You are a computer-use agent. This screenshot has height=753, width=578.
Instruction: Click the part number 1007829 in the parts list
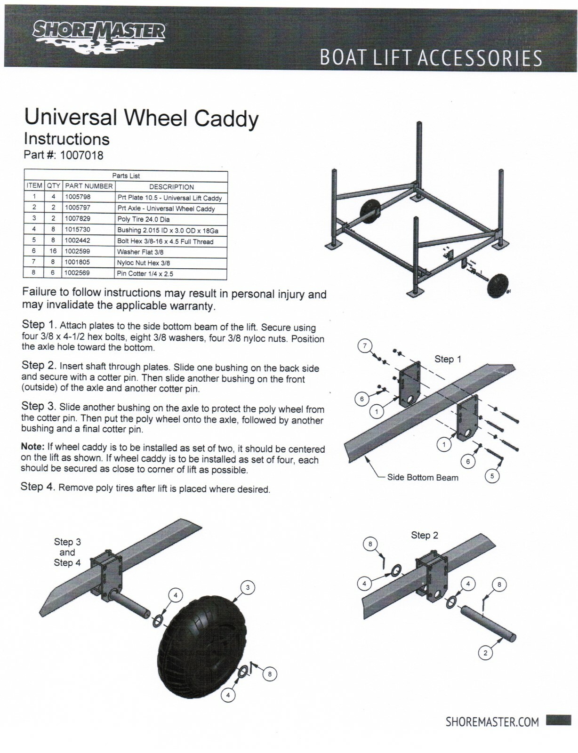(78, 218)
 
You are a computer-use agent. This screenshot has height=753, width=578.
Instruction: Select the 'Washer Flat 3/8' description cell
(140, 252)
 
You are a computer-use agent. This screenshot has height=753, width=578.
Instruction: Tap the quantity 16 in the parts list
(53, 251)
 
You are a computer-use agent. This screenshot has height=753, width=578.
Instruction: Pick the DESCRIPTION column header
(171, 187)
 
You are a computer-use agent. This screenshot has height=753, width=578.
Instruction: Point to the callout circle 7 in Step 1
(364, 346)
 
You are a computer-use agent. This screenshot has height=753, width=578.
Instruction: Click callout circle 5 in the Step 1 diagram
(492, 476)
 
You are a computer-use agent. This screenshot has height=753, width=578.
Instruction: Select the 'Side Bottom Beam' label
(422, 478)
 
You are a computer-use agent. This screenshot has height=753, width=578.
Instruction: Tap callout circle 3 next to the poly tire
(248, 587)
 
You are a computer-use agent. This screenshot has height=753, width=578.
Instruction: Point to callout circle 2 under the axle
(485, 653)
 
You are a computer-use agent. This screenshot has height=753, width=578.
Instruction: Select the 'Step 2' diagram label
(424, 535)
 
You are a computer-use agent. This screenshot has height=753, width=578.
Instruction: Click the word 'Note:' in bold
(33, 447)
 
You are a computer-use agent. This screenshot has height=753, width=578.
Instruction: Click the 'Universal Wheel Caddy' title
(141, 117)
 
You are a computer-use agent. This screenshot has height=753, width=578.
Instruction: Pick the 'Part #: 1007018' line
(64, 155)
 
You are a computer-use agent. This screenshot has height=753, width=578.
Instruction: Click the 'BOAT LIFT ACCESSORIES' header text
(431, 58)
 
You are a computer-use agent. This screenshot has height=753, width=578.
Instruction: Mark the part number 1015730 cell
(78, 230)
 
